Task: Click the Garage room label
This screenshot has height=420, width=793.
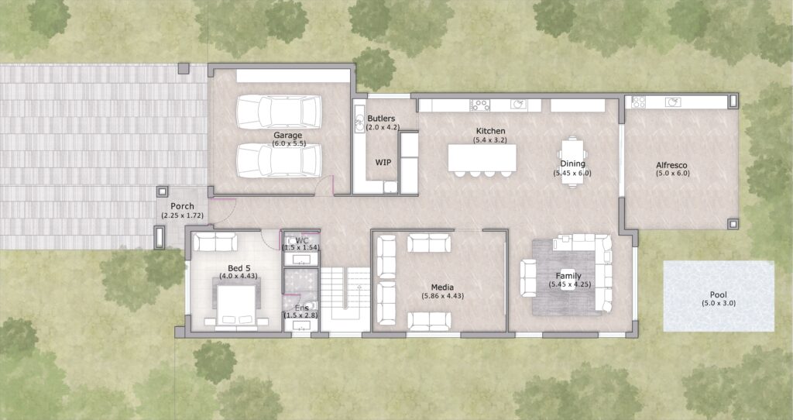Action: (288, 135)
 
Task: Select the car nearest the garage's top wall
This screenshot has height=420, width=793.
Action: (279, 112)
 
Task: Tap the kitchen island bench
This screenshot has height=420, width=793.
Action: (482, 158)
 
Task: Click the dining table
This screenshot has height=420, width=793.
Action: (572, 162)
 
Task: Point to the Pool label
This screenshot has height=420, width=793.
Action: (718, 294)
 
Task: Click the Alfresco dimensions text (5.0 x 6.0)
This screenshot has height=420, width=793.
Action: (672, 173)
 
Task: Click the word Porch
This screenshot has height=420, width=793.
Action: (182, 206)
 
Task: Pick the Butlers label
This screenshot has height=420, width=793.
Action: (381, 119)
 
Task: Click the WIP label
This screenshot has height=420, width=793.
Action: (383, 163)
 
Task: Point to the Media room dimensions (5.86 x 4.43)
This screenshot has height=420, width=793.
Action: (442, 296)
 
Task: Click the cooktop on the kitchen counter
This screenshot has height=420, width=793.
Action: (480, 105)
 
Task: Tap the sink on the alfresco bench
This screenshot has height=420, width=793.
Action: (673, 102)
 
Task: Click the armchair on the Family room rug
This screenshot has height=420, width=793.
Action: (528, 278)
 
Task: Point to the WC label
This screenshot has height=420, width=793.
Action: (302, 240)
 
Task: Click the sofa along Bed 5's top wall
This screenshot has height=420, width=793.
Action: (215, 241)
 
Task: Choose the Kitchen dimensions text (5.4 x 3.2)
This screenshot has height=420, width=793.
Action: (489, 139)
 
